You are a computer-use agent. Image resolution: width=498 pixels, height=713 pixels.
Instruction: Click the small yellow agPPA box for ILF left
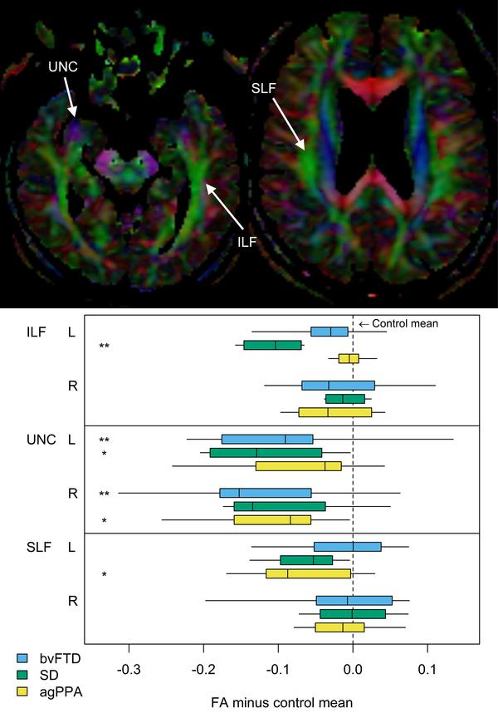tap(349, 359)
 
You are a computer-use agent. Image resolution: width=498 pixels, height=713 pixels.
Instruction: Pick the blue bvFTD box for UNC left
tap(267, 439)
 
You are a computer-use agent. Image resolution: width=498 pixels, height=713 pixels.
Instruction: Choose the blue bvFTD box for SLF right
tap(354, 600)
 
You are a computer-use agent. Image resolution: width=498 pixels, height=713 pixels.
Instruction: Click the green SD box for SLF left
tap(306, 560)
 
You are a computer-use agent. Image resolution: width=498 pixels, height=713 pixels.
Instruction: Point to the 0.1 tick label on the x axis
tap(427, 667)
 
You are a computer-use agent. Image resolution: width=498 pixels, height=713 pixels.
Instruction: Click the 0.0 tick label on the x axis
tap(353, 667)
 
